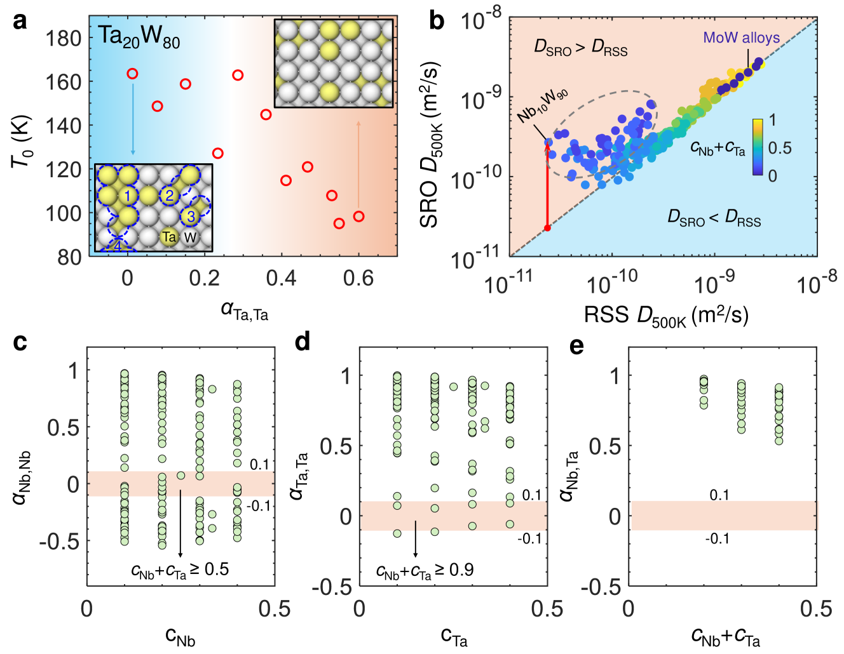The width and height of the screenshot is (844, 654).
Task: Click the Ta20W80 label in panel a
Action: coord(139,37)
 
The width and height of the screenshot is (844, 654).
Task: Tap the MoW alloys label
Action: coord(741,37)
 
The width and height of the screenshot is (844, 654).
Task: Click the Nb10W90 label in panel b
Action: coord(541,106)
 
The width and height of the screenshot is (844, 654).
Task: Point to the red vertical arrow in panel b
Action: coord(547,184)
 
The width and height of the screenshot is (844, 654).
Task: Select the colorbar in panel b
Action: coord(758,146)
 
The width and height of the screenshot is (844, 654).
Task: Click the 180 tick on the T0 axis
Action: coord(64,38)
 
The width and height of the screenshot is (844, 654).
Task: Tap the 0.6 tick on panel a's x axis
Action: coord(358,278)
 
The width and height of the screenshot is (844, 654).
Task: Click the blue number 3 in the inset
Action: coord(191,216)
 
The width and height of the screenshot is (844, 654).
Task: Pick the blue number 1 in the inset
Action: coord(127,196)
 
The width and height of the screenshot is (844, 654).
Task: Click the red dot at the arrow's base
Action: coord(547,227)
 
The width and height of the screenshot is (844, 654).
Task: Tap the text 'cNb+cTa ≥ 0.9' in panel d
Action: coord(425,571)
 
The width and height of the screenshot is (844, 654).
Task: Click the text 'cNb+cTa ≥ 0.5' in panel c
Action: coord(180,570)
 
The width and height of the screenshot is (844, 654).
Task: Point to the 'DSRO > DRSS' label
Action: coord(580,48)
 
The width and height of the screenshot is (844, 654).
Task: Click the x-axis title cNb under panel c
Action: coord(180,636)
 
